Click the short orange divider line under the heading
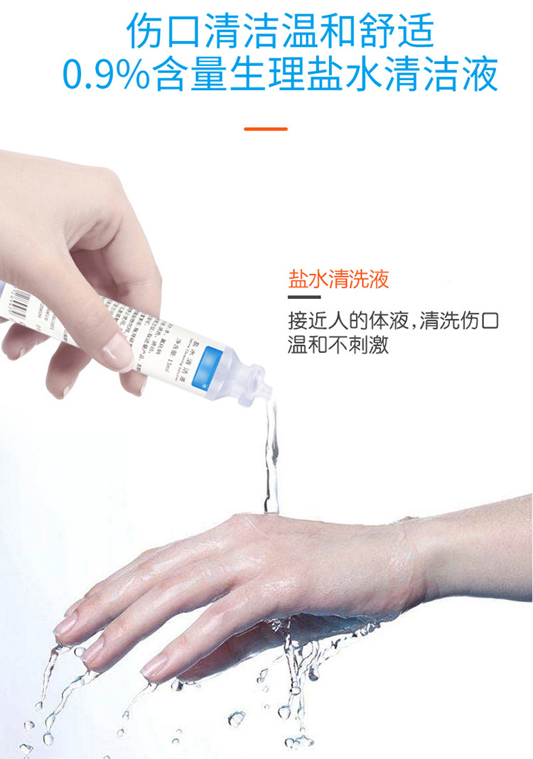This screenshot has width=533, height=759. tap(266, 129)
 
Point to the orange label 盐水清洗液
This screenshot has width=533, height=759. tap(339, 279)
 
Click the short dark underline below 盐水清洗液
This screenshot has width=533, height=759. tap(304, 297)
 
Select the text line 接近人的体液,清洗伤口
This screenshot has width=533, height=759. tap(393, 320)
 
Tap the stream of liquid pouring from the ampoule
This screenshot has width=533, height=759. tap(271, 454)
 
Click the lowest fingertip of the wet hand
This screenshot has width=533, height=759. tap(153, 668)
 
